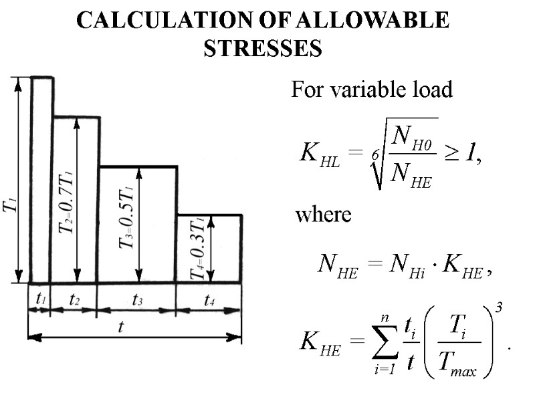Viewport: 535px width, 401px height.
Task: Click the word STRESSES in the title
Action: coord(262,48)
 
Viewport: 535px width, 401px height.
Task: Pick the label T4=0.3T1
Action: coord(199,247)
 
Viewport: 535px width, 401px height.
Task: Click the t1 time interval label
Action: coord(41,300)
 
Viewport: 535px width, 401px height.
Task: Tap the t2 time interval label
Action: coord(75,300)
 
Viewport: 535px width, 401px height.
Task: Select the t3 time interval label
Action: coord(137,300)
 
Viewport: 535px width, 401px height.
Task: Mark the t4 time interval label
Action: coord(209,300)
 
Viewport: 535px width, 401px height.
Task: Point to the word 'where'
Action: coord(323,215)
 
